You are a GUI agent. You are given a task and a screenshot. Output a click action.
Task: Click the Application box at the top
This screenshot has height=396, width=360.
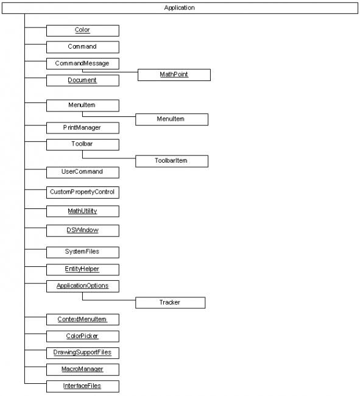(x=180, y=8)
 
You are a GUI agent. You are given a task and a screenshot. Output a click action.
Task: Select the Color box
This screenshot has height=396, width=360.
(x=82, y=30)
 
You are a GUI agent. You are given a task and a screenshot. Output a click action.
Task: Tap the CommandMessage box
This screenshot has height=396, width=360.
(x=82, y=63)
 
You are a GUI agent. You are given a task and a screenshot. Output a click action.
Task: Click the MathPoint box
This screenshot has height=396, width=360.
(x=174, y=74)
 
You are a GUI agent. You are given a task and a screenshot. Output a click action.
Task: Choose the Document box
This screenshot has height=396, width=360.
(x=82, y=80)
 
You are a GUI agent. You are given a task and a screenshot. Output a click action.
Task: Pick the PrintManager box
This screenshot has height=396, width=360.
(x=82, y=128)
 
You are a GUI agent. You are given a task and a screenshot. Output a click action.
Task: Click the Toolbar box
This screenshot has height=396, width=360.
(x=82, y=144)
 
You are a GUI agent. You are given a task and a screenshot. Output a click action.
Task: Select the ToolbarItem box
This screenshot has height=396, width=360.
(x=171, y=161)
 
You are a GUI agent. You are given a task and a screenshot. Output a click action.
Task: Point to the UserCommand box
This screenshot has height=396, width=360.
(x=82, y=172)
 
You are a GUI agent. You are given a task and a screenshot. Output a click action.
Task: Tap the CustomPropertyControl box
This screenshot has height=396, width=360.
(x=82, y=192)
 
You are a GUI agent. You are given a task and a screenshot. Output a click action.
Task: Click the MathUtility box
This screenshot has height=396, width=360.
(x=82, y=211)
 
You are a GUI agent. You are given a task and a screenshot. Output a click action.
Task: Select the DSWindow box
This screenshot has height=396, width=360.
(x=82, y=230)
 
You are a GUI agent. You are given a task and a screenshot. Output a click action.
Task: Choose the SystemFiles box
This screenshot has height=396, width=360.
(x=82, y=252)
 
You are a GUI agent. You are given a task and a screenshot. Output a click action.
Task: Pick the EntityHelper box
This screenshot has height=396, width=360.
(x=82, y=269)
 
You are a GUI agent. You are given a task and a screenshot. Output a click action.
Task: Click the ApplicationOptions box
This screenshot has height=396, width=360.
(x=82, y=286)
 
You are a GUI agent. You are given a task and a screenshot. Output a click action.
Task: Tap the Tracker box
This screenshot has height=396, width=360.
(x=170, y=302)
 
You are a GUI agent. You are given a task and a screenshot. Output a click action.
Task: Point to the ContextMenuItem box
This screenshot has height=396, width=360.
(x=82, y=319)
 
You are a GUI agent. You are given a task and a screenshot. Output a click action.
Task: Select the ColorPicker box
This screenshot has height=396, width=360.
(x=82, y=336)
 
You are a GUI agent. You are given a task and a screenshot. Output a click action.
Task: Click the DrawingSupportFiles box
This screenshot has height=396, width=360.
(x=82, y=352)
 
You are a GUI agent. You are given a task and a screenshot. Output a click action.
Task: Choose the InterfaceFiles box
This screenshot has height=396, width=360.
(x=82, y=386)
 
